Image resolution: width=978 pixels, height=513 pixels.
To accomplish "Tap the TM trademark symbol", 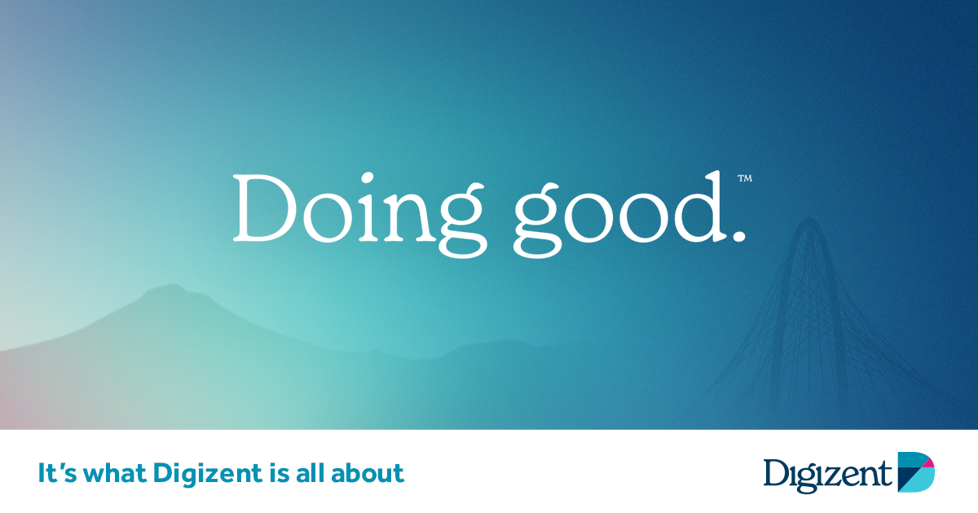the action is [745, 178].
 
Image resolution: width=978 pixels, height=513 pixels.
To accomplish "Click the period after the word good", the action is [738, 235].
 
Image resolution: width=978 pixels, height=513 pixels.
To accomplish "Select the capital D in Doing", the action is [264, 208].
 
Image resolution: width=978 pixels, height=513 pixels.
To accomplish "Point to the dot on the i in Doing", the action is [366, 179].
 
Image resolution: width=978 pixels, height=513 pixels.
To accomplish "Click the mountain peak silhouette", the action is [173, 288].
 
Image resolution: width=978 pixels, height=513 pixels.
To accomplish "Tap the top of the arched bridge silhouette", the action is [808, 220].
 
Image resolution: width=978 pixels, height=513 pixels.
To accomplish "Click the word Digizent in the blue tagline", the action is [207, 474].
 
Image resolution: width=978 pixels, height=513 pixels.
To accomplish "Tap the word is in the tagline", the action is [279, 473].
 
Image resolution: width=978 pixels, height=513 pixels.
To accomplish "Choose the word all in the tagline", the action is [310, 473].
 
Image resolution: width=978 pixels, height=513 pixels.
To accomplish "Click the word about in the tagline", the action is [368, 473].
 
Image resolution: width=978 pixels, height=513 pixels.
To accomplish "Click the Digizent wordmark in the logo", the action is [827, 476].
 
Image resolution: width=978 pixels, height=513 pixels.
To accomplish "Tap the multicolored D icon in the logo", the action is [916, 472].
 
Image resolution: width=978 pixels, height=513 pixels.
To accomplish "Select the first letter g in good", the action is [537, 221].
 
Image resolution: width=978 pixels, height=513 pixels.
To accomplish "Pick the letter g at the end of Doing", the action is [463, 221].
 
